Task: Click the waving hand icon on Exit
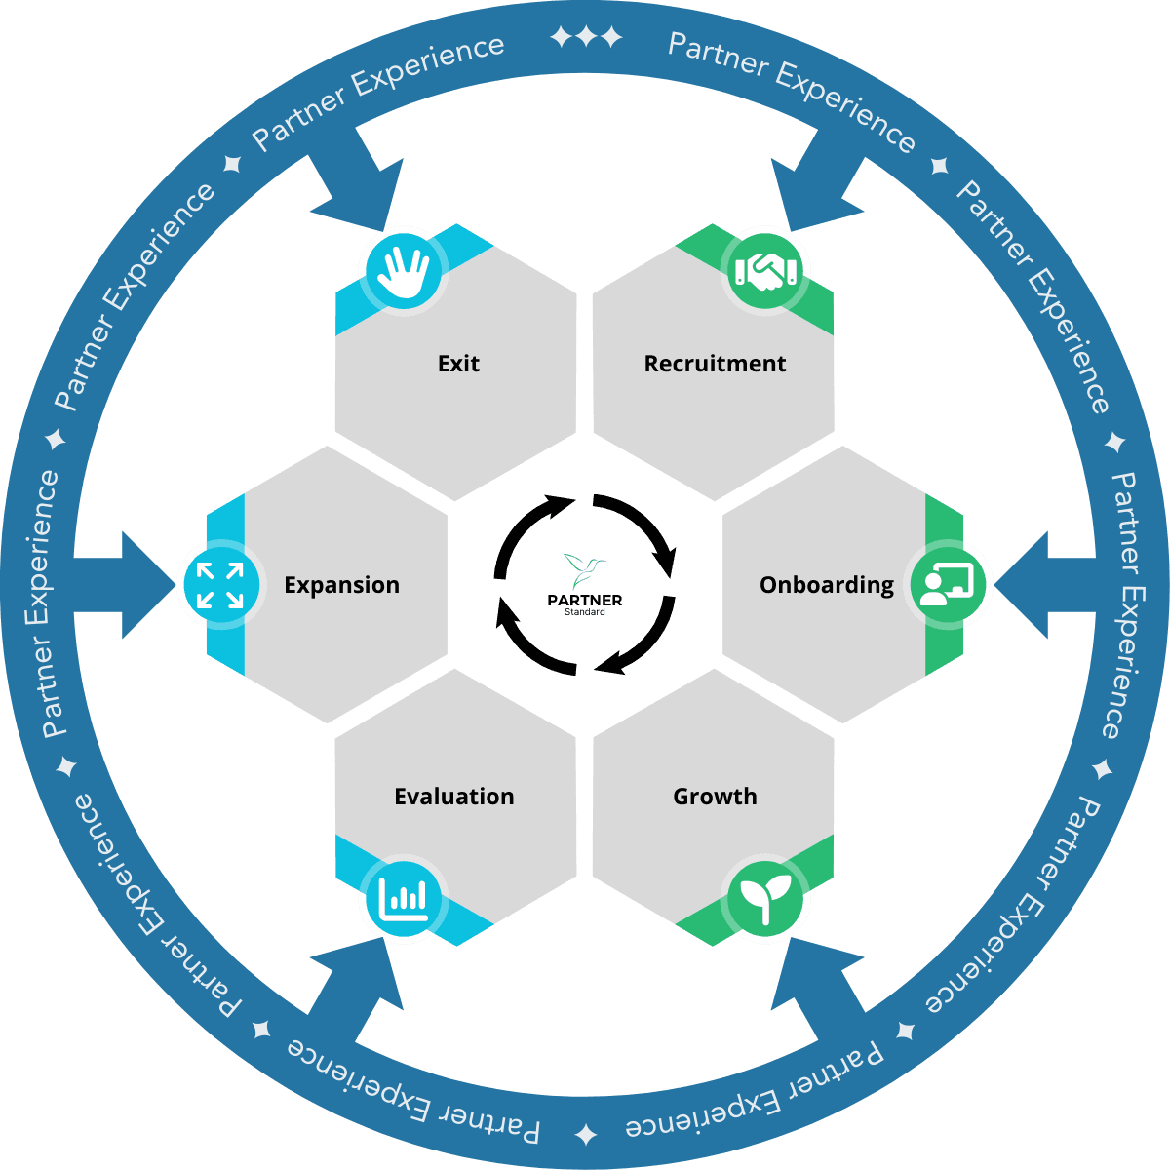403,269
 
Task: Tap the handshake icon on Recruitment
766,270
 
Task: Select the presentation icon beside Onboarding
947,585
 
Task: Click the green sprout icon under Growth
766,898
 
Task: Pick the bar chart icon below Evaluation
403,898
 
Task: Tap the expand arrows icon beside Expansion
220,585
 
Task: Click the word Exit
458,364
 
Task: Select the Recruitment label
715,364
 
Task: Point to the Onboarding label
826,585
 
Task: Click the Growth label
715,797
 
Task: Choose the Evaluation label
453,797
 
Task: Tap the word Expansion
341,585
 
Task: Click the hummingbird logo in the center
584,569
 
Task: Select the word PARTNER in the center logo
585,600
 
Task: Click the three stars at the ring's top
586,38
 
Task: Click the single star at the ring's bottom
586,1134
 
